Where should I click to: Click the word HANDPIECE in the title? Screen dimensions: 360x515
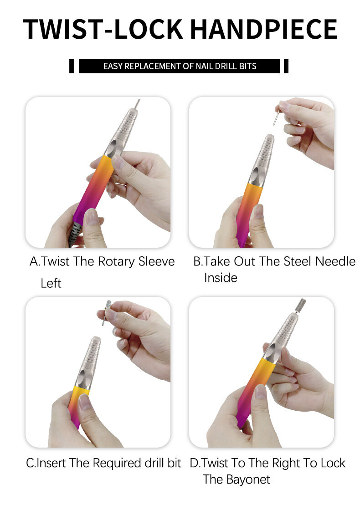(264, 29)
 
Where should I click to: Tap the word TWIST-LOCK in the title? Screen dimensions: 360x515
(103, 29)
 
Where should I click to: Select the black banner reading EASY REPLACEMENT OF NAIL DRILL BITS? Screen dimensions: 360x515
(179, 66)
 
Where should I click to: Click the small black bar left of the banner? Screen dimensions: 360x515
(72, 66)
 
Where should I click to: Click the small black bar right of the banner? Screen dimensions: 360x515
(286, 66)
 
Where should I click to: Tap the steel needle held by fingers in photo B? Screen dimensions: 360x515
(276, 116)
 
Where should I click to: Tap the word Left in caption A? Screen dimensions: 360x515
(51, 283)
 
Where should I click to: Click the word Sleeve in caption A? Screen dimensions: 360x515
(156, 261)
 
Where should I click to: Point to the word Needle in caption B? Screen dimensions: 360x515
(335, 261)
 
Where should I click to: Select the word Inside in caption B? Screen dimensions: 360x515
(221, 278)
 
